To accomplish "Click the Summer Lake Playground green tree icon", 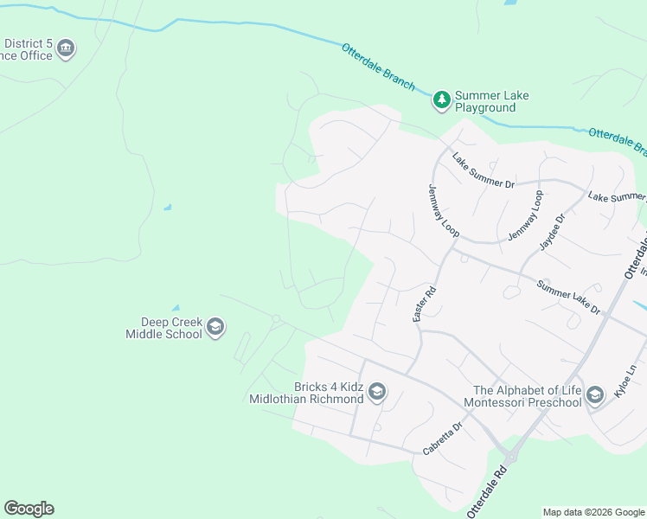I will pos(442,100).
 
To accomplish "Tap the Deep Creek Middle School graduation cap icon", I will pos(216,327).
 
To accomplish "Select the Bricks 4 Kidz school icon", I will pos(376,393).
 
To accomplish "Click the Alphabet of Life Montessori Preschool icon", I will pos(594,395).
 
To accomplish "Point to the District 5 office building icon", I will pos(66,49).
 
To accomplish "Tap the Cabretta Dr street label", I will pos(444,439).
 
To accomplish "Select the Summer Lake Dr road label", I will pos(567,297).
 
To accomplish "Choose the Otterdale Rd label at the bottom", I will pos(486,490).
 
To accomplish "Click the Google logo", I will pos(29,509).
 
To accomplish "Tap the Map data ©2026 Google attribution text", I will pos(593,512).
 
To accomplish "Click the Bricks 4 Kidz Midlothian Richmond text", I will pos(306,393).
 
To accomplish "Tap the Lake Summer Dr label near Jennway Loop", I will pos(483,170).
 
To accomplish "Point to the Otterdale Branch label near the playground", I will pos(378,67).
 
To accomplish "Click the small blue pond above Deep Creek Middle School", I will pos(176,307).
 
